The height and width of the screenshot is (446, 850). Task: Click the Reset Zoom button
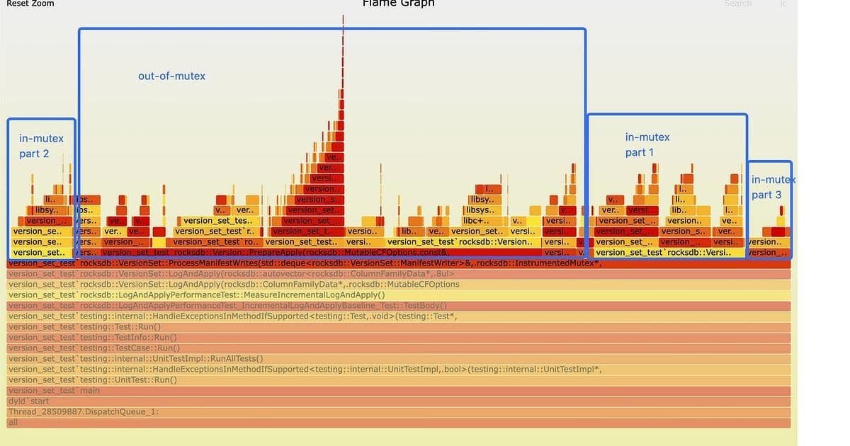tap(30, 4)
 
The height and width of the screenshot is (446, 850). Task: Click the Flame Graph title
tap(398, 4)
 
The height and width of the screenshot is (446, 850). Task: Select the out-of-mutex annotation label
tap(171, 76)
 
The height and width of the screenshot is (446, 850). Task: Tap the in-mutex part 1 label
tap(647, 144)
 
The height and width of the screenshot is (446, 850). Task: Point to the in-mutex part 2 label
tap(41, 146)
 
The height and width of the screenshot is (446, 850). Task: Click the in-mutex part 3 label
tap(772, 187)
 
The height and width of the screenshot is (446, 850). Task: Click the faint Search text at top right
tap(737, 4)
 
